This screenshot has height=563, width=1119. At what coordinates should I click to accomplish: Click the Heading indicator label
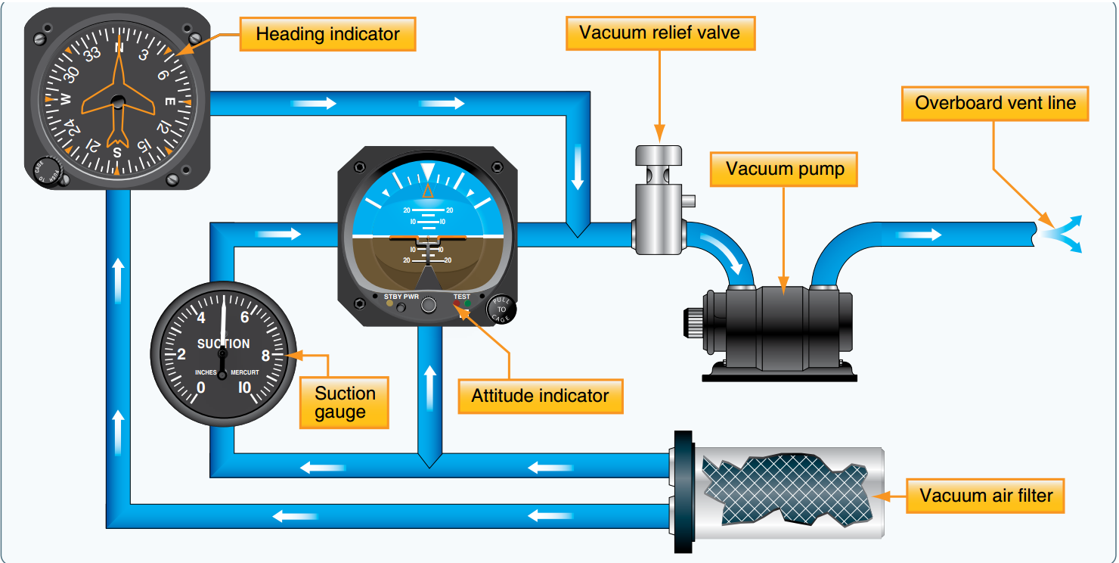[x=327, y=34]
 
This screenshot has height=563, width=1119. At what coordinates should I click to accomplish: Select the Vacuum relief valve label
[x=659, y=33]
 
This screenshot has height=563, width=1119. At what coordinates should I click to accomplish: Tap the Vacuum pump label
[x=785, y=169]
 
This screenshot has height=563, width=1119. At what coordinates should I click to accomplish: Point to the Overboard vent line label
[x=995, y=103]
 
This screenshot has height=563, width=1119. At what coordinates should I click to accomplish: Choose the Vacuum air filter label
[x=986, y=496]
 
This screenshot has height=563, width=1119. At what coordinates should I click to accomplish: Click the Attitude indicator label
[x=540, y=396]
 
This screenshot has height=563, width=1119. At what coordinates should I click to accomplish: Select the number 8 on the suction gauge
[x=265, y=354]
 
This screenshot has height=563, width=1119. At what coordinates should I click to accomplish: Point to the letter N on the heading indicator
[x=118, y=48]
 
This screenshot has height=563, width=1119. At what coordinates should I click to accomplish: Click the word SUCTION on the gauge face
[x=223, y=344]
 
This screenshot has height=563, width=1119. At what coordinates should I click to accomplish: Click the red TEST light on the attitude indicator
[x=456, y=304]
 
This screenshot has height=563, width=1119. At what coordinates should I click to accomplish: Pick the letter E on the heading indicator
[x=169, y=101]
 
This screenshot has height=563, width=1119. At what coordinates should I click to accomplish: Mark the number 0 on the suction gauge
[x=200, y=388]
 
